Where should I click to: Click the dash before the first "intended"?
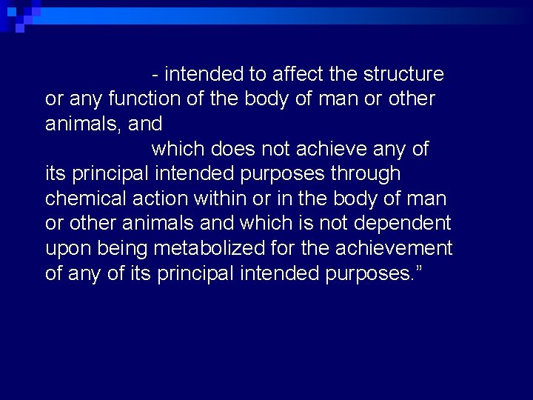pos(155,75)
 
